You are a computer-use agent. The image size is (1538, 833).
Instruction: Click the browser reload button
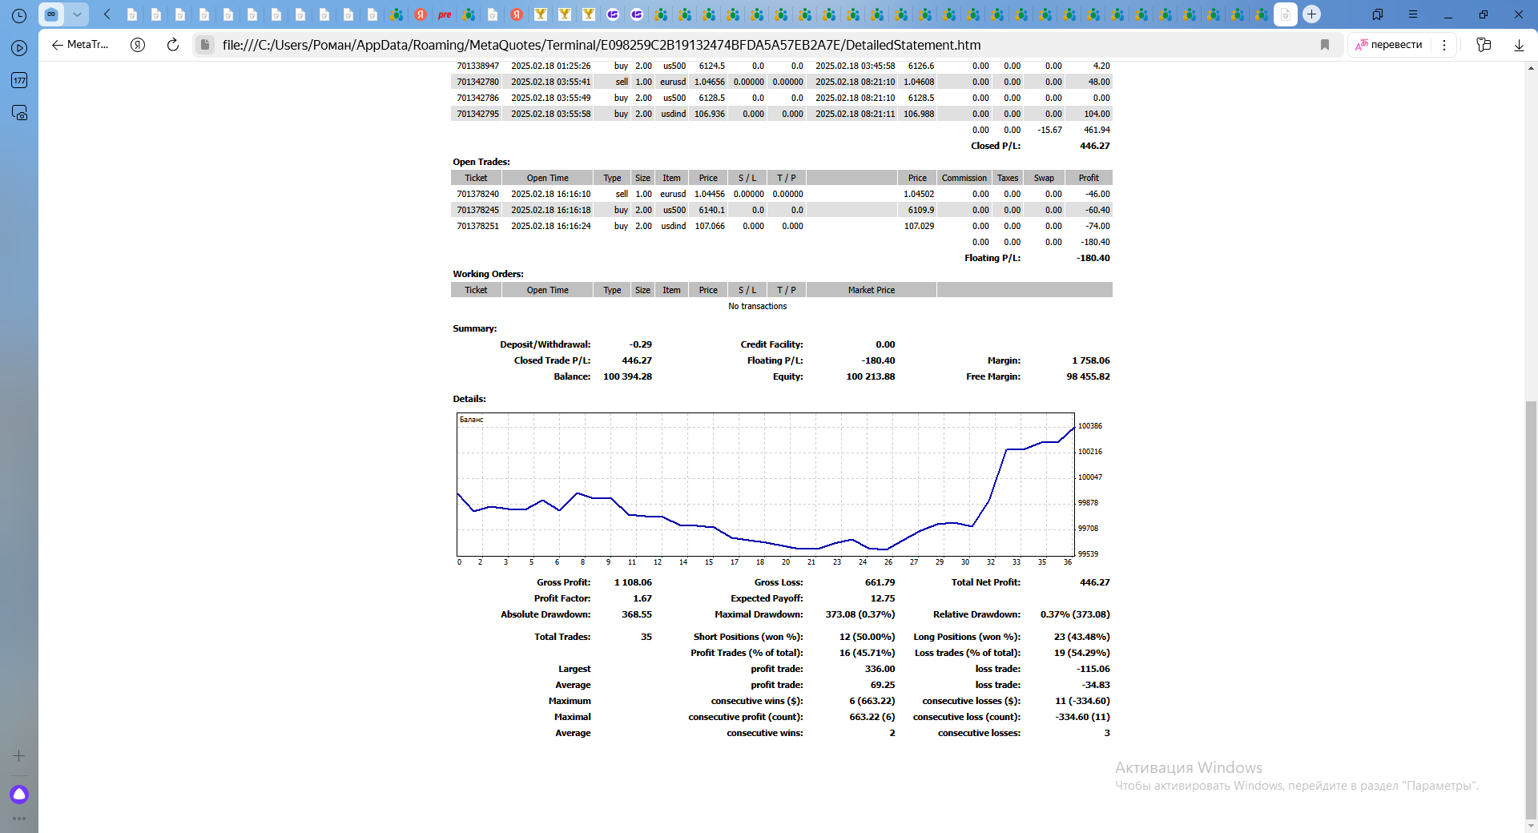(172, 45)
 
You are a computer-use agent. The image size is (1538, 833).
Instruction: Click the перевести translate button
(1389, 45)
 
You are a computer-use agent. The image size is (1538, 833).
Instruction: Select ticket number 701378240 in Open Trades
(477, 194)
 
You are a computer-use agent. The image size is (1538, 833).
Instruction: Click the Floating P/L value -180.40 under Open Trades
(1093, 258)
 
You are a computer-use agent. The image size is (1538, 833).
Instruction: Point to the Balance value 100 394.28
(627, 376)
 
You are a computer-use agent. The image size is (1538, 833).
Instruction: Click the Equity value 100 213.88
(870, 376)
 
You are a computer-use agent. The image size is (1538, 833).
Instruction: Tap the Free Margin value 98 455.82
(1088, 376)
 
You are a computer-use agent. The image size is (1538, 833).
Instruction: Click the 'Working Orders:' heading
(488, 274)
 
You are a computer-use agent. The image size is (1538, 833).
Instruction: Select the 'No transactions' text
(757, 306)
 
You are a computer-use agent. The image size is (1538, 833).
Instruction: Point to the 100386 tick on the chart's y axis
(1089, 426)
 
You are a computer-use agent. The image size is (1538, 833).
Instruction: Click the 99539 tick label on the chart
(1088, 554)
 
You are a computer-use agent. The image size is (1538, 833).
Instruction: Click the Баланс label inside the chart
(471, 420)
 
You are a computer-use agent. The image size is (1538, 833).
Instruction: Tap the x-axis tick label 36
(1067, 562)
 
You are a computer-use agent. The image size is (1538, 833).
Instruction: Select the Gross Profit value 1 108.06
(633, 582)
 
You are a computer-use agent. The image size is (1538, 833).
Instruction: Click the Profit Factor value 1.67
(642, 598)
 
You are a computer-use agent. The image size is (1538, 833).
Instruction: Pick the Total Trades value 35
(646, 637)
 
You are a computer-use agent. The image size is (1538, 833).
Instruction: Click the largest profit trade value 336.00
(880, 669)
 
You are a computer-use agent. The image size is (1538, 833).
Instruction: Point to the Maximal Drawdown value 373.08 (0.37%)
(860, 614)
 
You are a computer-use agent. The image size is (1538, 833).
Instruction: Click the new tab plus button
(1311, 14)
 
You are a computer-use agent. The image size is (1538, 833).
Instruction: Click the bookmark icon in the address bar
(1325, 45)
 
